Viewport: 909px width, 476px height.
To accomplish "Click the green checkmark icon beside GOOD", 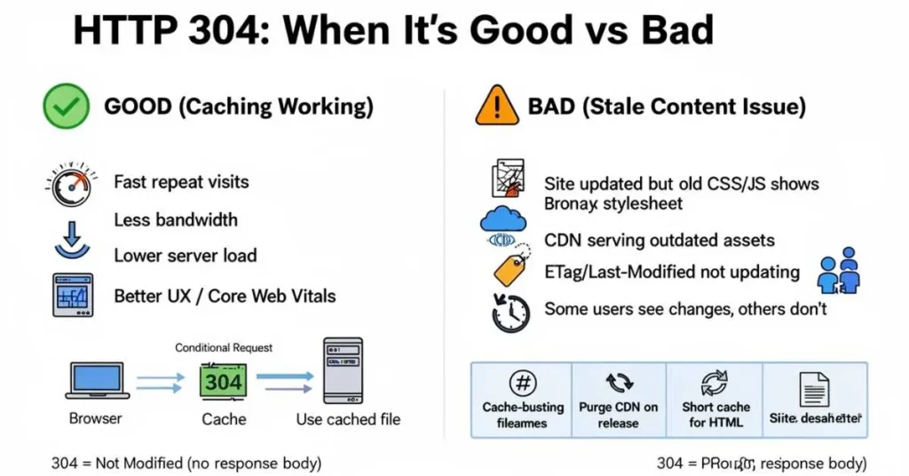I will click(x=66, y=107).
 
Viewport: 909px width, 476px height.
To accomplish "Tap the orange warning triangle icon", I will click(x=496, y=107).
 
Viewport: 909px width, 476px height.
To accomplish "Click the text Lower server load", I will click(x=185, y=256).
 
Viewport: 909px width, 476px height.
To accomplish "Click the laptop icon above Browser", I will click(x=97, y=379).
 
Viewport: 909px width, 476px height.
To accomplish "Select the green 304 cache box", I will click(x=223, y=382).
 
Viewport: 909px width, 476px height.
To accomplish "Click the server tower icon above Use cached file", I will click(x=343, y=371).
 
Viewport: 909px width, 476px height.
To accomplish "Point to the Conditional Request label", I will click(x=224, y=347).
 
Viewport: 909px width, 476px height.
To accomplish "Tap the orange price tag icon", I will click(x=510, y=269).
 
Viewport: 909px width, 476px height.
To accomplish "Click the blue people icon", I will click(x=838, y=272).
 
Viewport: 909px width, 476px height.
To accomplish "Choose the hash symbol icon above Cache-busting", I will click(x=522, y=384).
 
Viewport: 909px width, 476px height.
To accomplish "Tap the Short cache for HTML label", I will click(x=715, y=414).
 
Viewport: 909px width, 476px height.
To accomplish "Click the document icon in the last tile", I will click(x=814, y=388).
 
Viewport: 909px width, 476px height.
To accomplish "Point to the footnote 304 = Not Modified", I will click(x=186, y=463).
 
